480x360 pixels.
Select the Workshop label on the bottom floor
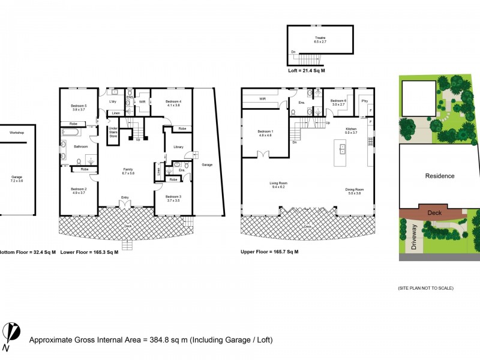tap(16, 133)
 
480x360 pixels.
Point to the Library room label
tap(178, 147)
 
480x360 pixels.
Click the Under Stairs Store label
tap(112, 131)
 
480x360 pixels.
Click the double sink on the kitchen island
tap(343, 149)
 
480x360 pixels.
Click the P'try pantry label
tap(364, 101)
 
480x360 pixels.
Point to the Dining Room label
tap(355, 190)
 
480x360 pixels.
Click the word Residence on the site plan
tap(440, 176)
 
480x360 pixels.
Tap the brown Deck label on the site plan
tap(434, 212)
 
